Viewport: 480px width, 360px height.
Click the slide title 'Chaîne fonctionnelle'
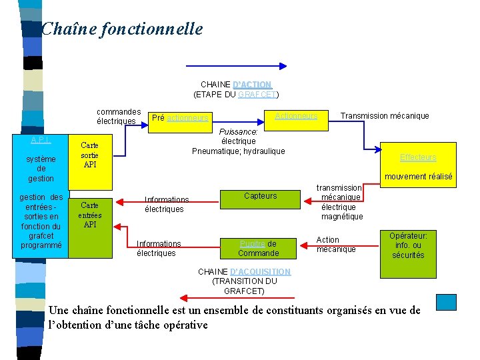(x=121, y=29)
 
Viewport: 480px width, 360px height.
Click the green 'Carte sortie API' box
(x=90, y=155)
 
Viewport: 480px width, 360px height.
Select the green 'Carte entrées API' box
(x=90, y=215)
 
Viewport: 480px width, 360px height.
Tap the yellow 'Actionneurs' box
(x=296, y=116)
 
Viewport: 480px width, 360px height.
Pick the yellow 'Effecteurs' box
(x=418, y=158)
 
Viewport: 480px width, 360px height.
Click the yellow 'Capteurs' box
(x=260, y=196)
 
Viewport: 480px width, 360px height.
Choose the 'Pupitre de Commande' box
(x=258, y=248)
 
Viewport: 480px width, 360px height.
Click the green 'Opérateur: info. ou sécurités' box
(x=409, y=245)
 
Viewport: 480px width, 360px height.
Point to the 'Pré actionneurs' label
(x=180, y=118)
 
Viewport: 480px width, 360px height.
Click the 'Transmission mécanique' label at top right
(x=385, y=116)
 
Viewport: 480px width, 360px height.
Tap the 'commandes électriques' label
(x=118, y=116)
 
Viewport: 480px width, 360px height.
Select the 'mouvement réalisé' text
(x=418, y=177)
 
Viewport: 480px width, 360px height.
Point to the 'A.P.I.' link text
(x=41, y=140)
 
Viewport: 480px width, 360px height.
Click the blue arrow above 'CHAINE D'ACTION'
(x=237, y=67)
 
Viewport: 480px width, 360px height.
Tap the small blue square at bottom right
(x=446, y=302)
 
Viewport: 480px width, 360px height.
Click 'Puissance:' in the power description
(x=238, y=132)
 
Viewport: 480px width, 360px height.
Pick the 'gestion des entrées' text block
(x=41, y=221)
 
